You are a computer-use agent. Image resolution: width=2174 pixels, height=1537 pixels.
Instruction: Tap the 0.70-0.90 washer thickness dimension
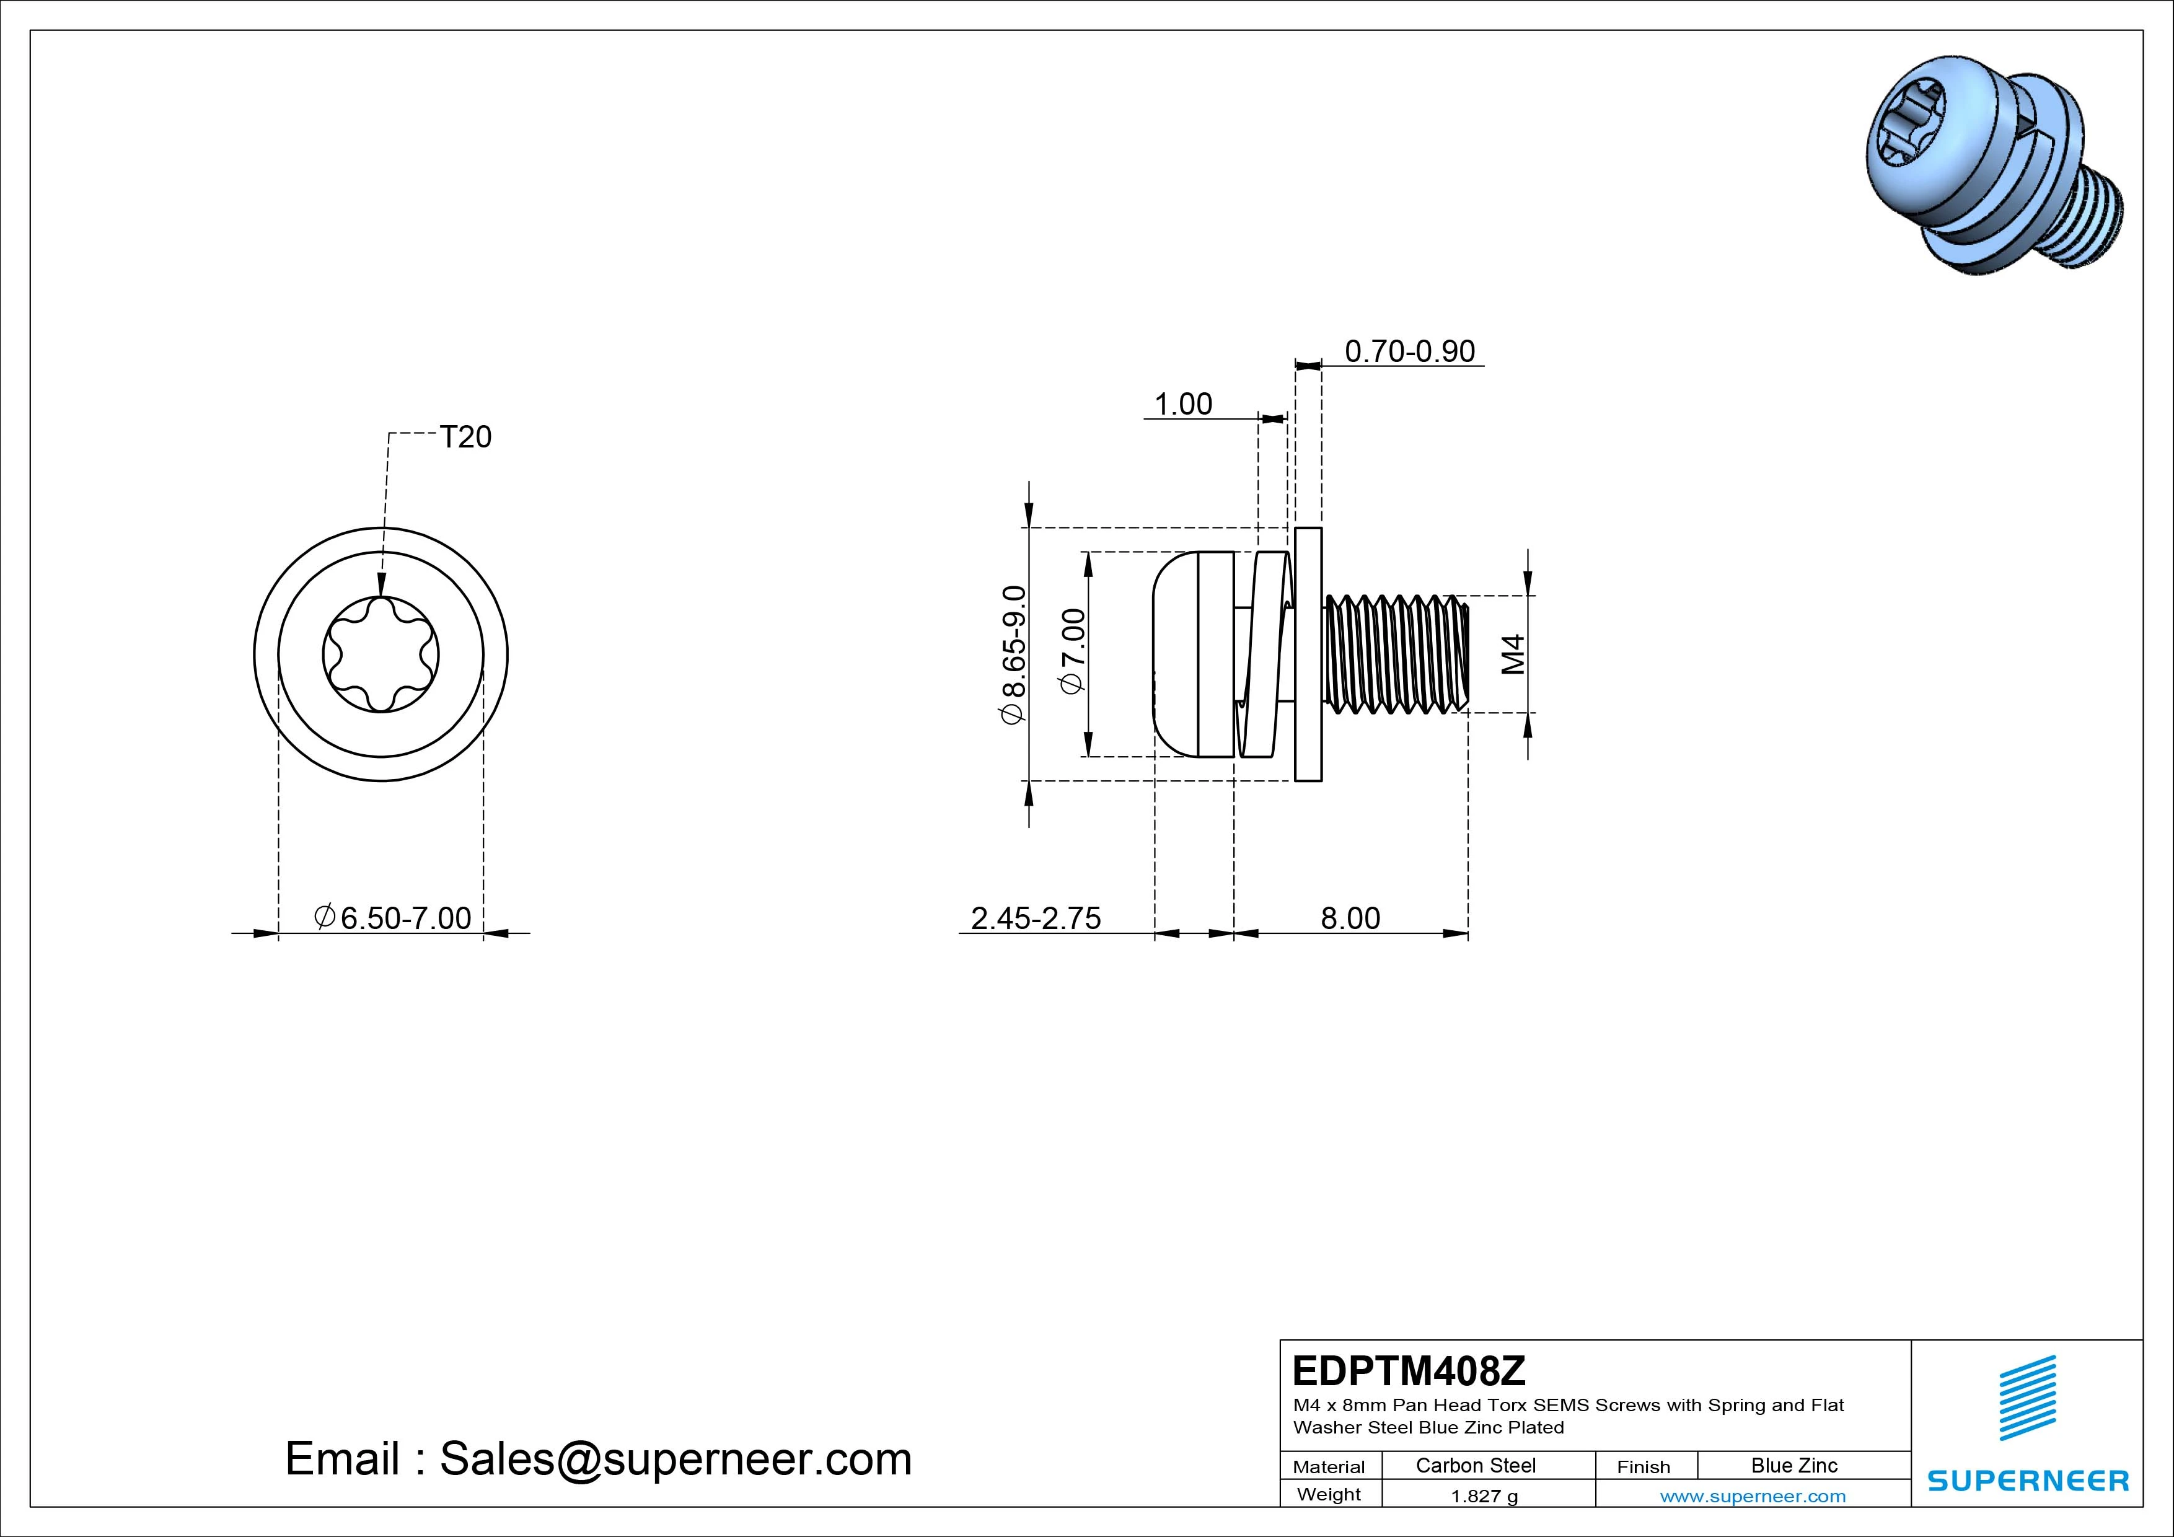tap(1410, 351)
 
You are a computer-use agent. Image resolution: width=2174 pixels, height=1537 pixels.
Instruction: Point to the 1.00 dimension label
tap(1182, 404)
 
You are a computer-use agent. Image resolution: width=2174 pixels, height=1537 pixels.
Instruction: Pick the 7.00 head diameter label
tap(1074, 651)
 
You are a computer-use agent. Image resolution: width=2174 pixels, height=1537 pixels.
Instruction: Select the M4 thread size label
tap(1514, 654)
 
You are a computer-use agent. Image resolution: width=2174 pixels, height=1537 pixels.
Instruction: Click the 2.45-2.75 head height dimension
tap(1036, 918)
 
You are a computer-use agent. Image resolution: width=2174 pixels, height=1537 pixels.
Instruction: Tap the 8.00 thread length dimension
tap(1350, 918)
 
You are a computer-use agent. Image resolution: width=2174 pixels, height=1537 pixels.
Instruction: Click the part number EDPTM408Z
tap(1409, 1370)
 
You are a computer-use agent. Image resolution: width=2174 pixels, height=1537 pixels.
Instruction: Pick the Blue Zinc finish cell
tap(1794, 1465)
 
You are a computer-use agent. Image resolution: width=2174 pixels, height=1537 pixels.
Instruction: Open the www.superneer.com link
tap(1753, 1496)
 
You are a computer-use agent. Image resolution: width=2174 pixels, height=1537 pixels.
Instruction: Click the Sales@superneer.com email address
tap(675, 1460)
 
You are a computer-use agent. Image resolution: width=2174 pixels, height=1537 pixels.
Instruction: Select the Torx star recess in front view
tap(381, 654)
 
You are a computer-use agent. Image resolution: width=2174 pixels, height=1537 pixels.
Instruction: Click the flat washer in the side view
tap(1308, 654)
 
